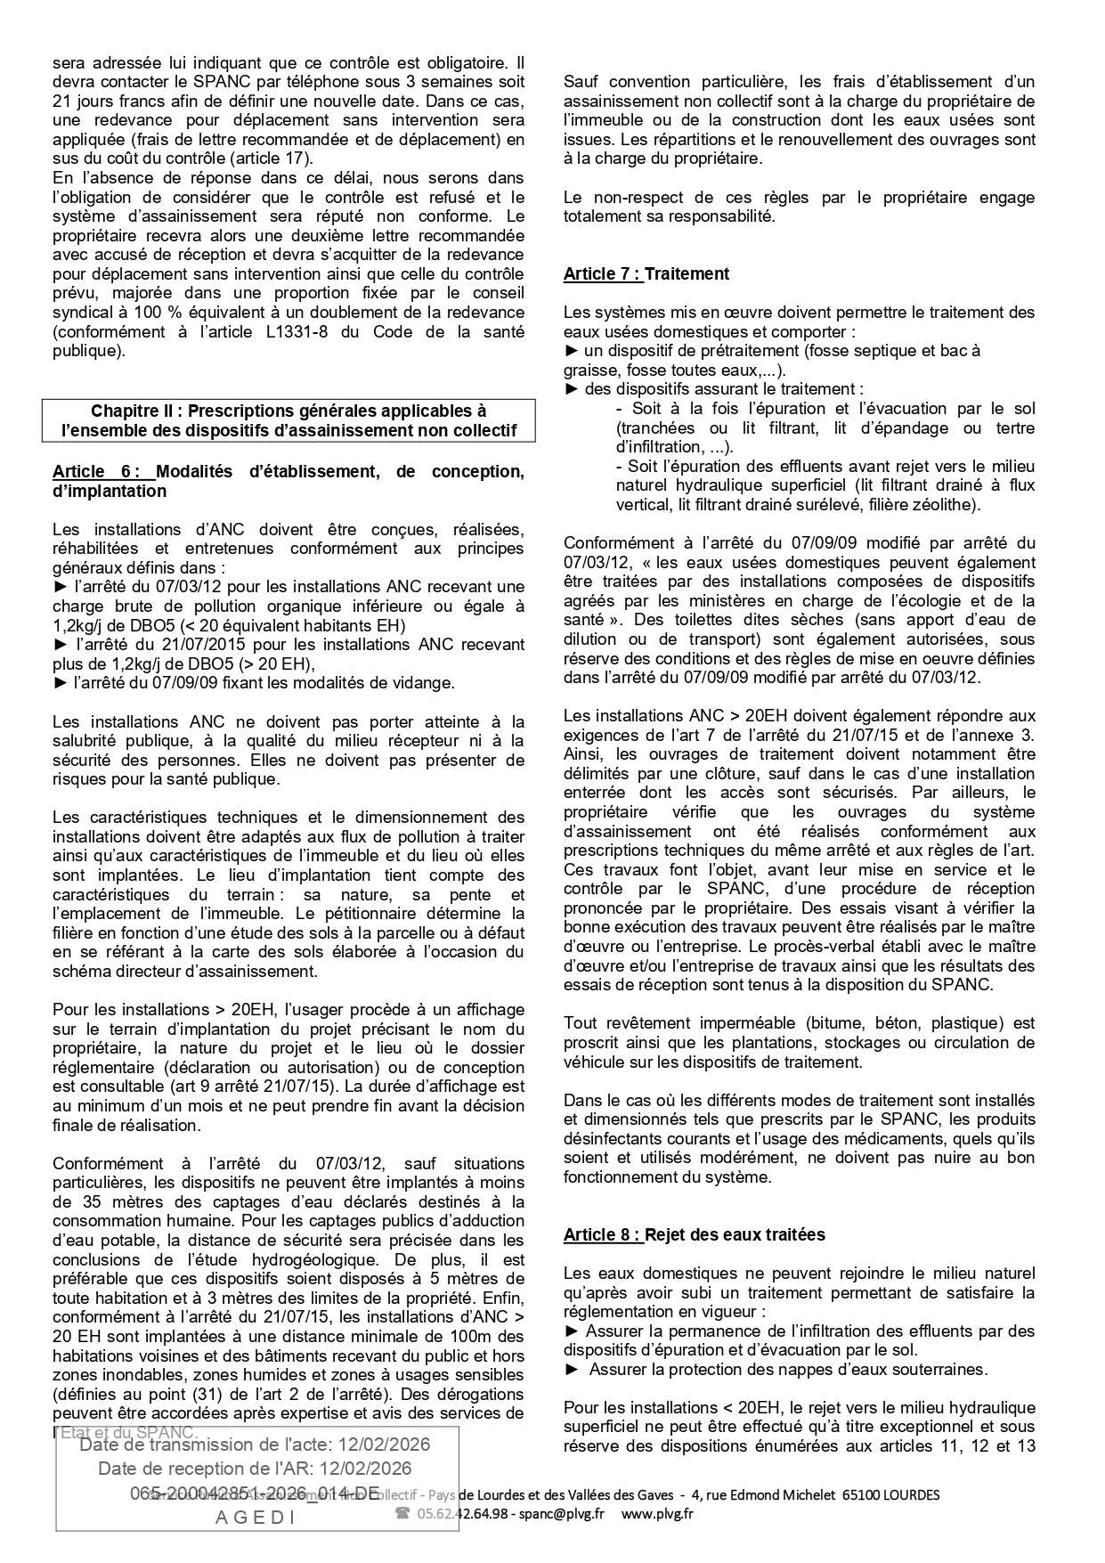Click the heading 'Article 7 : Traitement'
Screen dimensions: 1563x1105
coord(646,273)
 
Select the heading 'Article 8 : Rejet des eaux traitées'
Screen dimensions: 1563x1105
coord(694,1234)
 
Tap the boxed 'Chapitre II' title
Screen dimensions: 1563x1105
coord(288,420)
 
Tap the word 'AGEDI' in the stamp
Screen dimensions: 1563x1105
coord(256,1518)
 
